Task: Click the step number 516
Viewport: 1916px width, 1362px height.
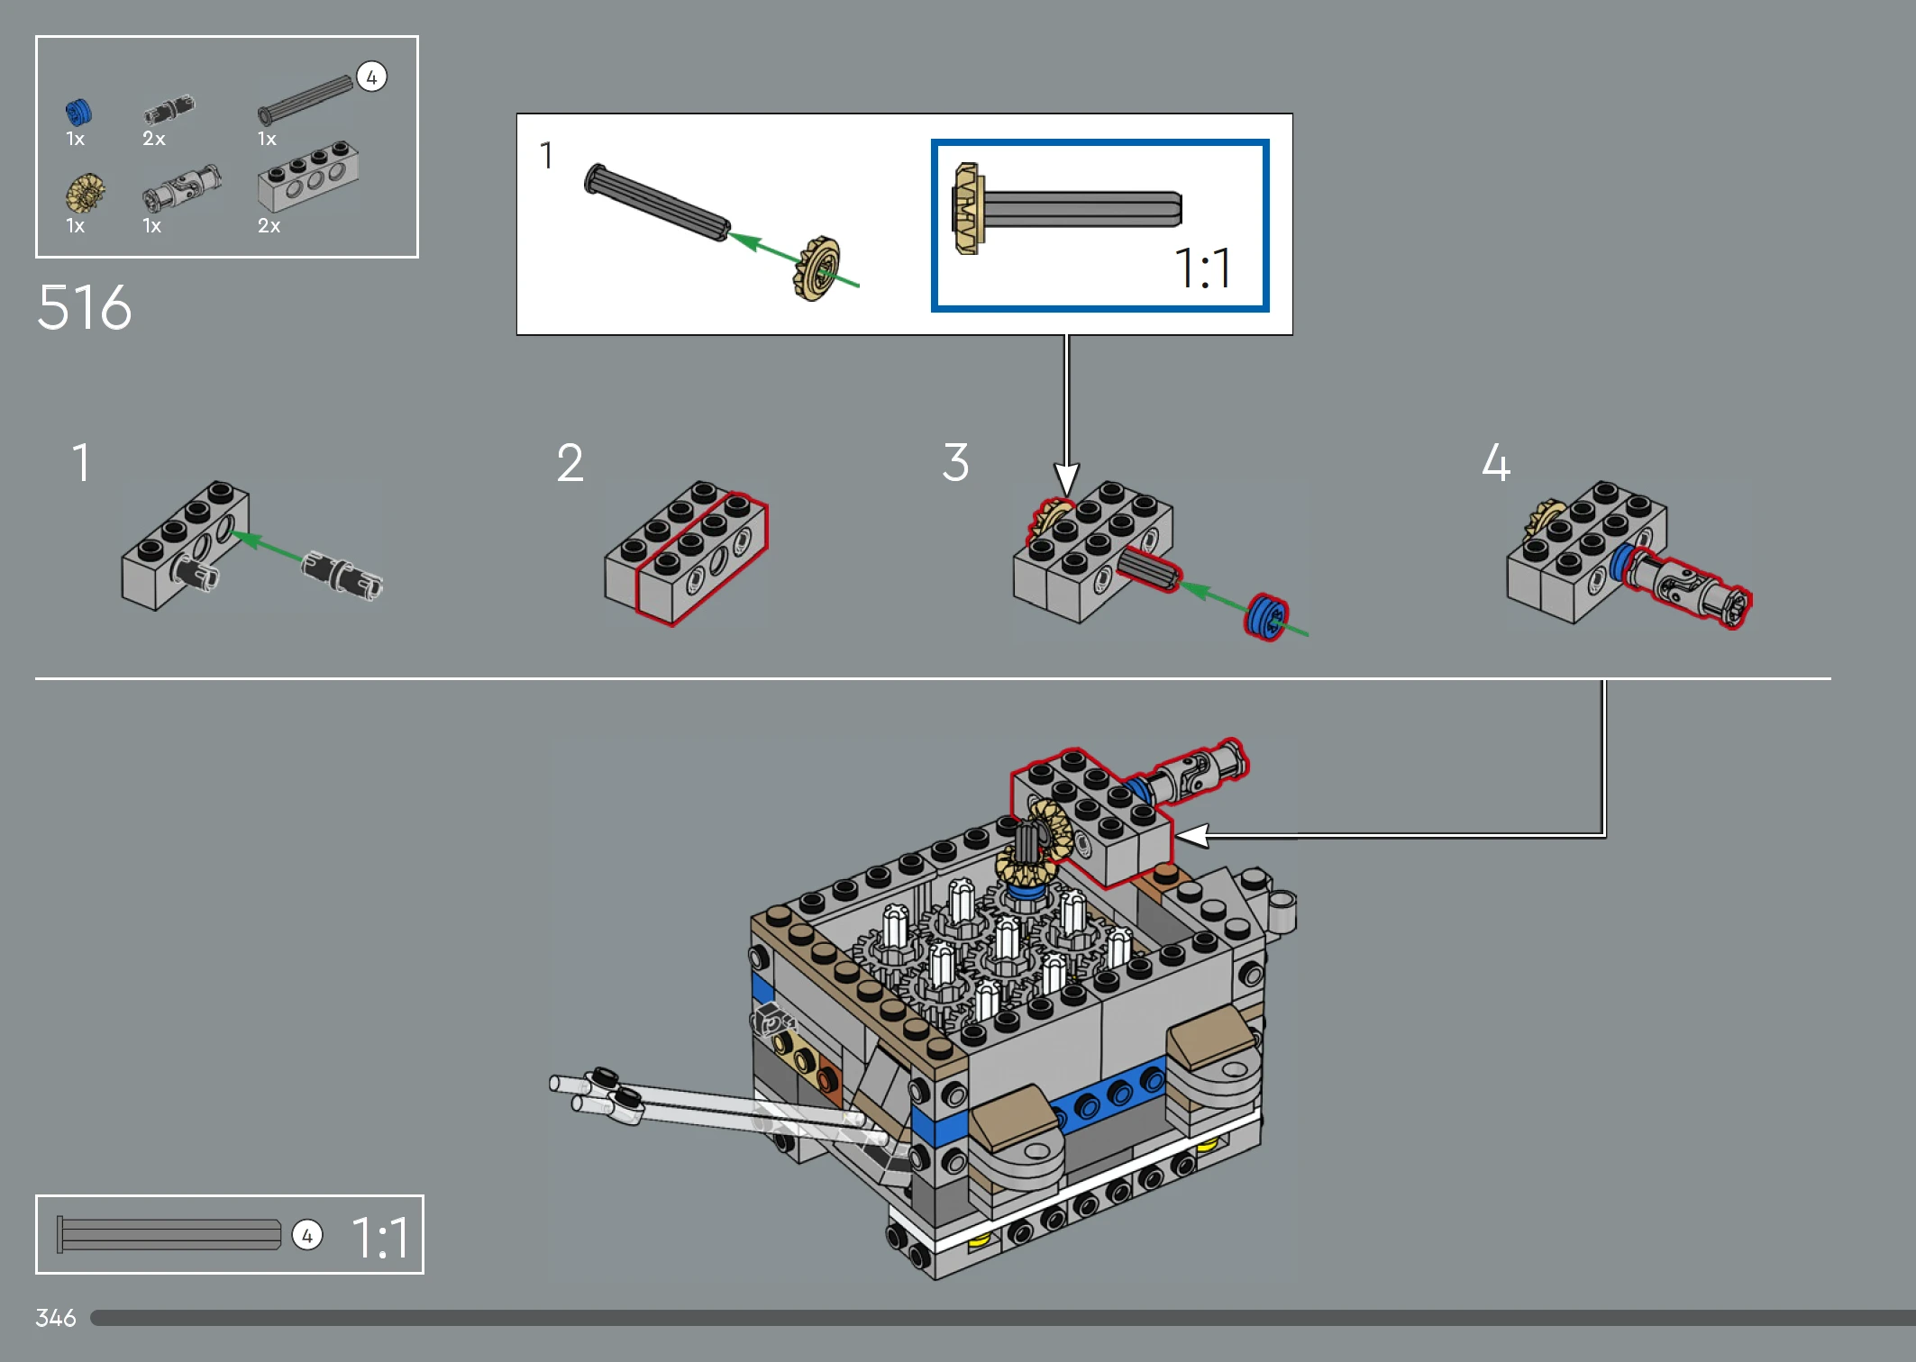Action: coord(84,308)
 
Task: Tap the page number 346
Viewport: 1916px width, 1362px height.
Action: coord(56,1318)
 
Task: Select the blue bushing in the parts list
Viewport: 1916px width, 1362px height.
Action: coord(78,113)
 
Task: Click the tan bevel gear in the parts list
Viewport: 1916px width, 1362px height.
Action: coord(86,193)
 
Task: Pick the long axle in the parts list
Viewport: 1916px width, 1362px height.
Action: coord(306,99)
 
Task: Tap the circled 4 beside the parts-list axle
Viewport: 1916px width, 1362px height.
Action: coord(371,77)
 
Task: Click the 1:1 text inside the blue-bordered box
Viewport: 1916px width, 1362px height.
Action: coord(1202,268)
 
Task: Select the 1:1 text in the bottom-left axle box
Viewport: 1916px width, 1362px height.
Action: coord(379,1237)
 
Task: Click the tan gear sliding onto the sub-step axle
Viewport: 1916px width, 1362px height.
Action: coord(817,268)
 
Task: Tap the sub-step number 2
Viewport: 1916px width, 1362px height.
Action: coord(570,463)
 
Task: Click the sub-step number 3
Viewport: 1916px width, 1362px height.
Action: coord(955,462)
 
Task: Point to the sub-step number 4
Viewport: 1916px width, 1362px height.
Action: coord(1496,462)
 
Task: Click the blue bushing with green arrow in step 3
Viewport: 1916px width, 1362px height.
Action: coord(1266,617)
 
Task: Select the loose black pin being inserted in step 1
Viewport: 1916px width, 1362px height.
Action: coord(342,574)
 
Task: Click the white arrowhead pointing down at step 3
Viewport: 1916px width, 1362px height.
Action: coord(1066,478)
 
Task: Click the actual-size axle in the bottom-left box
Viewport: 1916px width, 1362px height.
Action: coord(169,1234)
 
